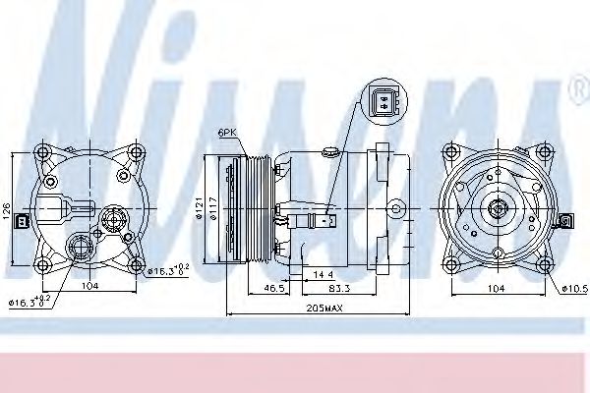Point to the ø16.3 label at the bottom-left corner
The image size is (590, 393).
(x=30, y=302)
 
